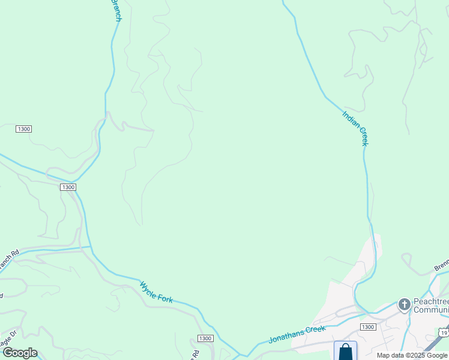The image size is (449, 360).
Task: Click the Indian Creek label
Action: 355,128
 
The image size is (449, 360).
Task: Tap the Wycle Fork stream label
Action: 156,292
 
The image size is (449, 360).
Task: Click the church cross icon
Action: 404,305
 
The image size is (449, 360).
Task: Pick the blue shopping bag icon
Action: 345,352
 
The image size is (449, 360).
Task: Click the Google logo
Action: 20,353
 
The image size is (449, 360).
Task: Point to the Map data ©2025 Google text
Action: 412,355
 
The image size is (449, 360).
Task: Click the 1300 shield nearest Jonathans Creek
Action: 368,326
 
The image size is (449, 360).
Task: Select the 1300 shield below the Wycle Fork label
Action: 205,338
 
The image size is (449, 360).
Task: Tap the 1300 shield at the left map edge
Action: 24,129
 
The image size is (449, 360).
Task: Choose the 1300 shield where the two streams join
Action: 68,187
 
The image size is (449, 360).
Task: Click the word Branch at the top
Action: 116,10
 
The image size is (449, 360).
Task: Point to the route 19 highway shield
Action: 443,332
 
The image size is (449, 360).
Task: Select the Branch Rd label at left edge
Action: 8,260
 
